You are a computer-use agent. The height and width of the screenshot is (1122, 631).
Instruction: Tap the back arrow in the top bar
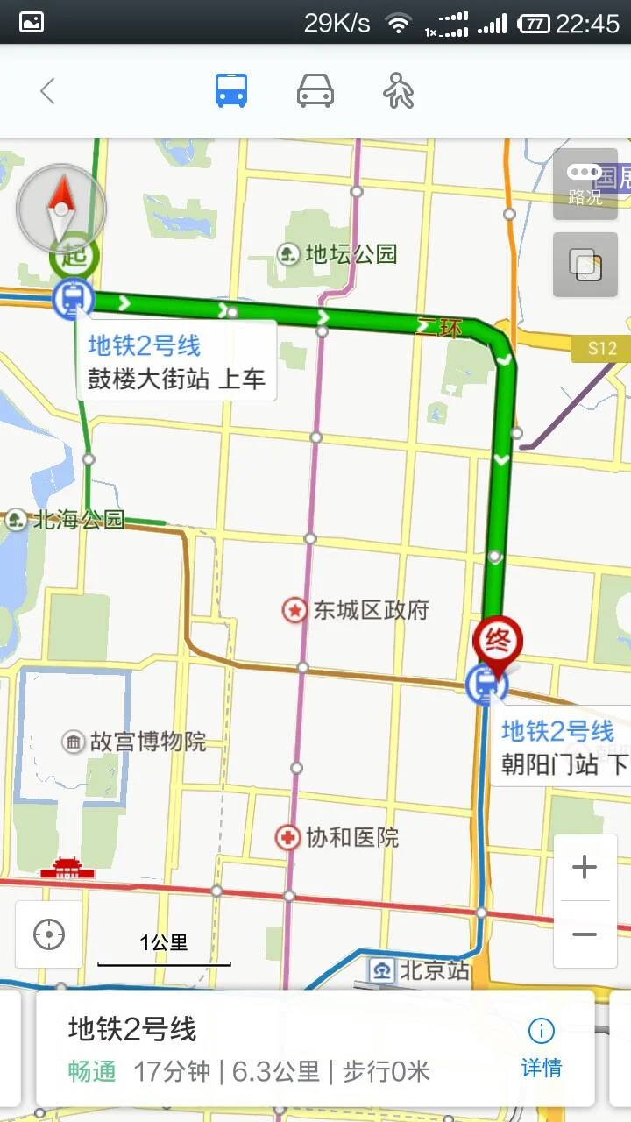(x=47, y=91)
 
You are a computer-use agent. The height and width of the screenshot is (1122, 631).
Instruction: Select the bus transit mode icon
(x=231, y=91)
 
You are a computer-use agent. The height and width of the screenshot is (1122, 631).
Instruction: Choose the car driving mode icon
(x=315, y=91)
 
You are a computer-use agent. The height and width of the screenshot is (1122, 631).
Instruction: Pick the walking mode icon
(x=399, y=91)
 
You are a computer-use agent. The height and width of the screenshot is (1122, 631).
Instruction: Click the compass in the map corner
(x=61, y=208)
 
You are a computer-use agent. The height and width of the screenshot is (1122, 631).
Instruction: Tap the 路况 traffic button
(x=585, y=184)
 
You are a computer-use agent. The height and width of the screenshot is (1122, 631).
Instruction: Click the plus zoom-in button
(x=585, y=868)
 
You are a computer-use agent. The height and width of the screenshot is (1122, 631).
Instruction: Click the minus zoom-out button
(x=585, y=934)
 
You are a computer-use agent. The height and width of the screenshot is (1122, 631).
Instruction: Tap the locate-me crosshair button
(x=49, y=934)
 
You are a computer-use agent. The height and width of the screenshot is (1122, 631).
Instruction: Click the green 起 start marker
(x=74, y=257)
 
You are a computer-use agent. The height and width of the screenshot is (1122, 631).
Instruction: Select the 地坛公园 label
(x=338, y=254)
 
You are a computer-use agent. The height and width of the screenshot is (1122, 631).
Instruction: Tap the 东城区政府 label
(x=357, y=610)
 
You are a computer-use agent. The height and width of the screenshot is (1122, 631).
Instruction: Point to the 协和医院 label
(x=338, y=838)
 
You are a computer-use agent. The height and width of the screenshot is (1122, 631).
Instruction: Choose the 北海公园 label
(x=66, y=520)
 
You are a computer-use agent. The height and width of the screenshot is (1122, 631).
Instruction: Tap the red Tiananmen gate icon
(x=67, y=869)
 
